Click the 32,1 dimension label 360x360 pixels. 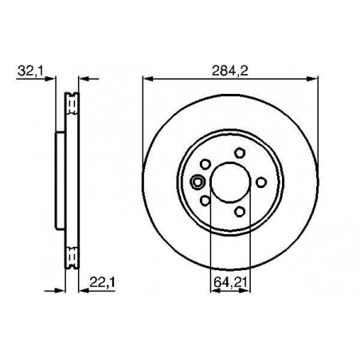click(x=30, y=72)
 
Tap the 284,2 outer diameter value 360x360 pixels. click(x=230, y=71)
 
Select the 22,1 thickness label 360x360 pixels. click(x=102, y=283)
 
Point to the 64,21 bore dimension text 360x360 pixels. click(x=230, y=282)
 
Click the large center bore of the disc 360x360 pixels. click(x=230, y=182)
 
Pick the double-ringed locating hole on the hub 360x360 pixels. click(x=198, y=182)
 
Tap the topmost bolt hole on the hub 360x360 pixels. click(x=240, y=153)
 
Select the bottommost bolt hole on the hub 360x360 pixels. click(x=240, y=212)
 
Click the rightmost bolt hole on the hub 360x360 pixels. click(x=261, y=182)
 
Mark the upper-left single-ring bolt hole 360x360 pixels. click(x=205, y=164)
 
